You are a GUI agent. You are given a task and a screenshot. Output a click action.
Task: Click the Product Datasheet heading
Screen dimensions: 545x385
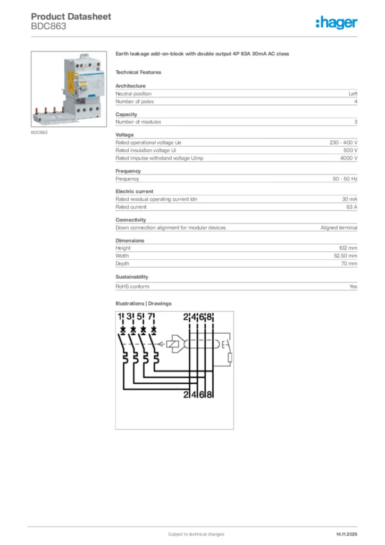[71, 16]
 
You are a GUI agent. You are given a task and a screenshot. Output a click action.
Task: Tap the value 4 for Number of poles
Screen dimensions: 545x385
[356, 101]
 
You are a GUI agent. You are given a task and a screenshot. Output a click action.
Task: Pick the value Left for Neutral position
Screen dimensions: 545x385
[353, 94]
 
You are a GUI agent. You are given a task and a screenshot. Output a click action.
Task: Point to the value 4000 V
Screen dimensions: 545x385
[349, 158]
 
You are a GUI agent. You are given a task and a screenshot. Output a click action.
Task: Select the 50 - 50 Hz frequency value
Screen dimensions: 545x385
[345, 179]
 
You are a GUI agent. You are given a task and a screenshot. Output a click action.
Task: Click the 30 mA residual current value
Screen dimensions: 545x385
[349, 199]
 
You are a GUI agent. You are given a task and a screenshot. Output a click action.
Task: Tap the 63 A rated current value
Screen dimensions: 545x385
[351, 207]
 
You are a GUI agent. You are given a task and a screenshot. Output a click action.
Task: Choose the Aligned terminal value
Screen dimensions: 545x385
[339, 227]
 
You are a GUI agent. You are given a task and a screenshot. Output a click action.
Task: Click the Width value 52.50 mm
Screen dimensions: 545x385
[345, 255]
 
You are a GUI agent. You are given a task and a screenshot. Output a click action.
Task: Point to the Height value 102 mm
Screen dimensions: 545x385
[348, 248]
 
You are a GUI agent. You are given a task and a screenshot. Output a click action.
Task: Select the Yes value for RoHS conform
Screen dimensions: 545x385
[353, 286]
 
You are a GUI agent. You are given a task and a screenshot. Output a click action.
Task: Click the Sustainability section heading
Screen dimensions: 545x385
[132, 277]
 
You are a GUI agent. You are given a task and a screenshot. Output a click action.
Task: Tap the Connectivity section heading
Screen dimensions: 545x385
[131, 220]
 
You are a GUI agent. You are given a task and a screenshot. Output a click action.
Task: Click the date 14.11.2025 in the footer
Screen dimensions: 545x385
[346, 534]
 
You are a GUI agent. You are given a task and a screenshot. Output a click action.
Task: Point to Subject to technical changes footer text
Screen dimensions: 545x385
[196, 534]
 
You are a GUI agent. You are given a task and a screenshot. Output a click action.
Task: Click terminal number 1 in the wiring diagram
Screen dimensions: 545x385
[121, 318]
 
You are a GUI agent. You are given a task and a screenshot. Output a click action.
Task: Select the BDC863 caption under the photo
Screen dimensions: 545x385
[39, 132]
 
